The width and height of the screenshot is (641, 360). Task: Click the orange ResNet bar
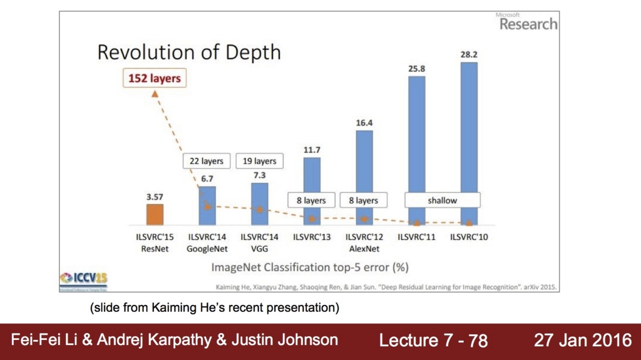pyautogui.click(x=155, y=214)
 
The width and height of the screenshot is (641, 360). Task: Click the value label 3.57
pyautogui.click(x=155, y=197)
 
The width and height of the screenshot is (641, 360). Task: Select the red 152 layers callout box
pyautogui.click(x=154, y=79)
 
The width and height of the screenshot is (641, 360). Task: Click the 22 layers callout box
pyautogui.click(x=207, y=161)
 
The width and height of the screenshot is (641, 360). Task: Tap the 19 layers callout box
pyautogui.click(x=259, y=161)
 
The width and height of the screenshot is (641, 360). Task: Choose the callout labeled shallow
pyautogui.click(x=442, y=200)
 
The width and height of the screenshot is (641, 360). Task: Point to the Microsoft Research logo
pyautogui.click(x=527, y=23)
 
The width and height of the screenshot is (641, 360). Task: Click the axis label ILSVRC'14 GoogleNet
pyautogui.click(x=207, y=243)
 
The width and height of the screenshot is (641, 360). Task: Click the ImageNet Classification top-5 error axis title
pyautogui.click(x=310, y=267)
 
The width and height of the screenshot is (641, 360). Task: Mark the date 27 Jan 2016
pyautogui.click(x=583, y=341)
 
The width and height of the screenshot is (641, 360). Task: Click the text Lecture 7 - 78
pyautogui.click(x=433, y=341)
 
